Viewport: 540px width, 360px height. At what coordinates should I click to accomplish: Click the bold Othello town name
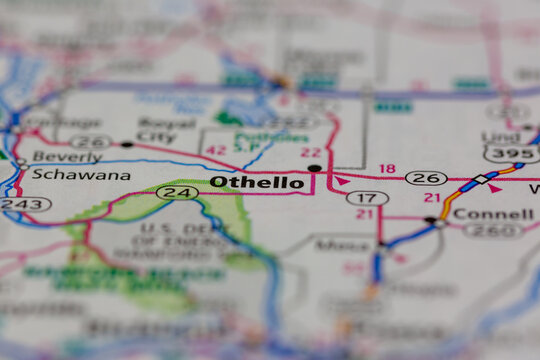click(x=257, y=182)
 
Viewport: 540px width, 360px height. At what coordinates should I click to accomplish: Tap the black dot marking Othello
click(x=315, y=168)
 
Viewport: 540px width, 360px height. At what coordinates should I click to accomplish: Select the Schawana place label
click(x=66, y=174)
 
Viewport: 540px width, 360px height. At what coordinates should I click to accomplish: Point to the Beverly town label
click(x=66, y=156)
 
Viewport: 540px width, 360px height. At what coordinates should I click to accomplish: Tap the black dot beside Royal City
click(x=127, y=144)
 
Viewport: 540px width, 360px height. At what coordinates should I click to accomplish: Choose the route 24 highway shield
click(x=177, y=192)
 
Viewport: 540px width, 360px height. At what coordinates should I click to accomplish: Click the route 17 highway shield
click(x=367, y=198)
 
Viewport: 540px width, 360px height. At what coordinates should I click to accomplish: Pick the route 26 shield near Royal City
click(x=90, y=141)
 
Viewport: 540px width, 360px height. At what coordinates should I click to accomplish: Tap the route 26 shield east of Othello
click(x=426, y=178)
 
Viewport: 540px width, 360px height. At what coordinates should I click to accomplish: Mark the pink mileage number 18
click(x=387, y=169)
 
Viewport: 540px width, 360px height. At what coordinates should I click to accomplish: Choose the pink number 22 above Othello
click(x=310, y=152)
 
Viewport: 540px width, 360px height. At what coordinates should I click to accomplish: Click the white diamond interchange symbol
click(x=482, y=179)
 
